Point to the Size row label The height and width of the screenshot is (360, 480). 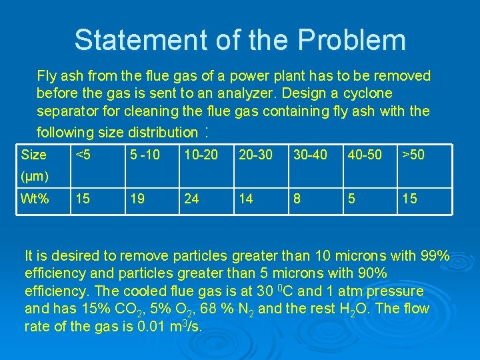pyautogui.click(x=34, y=155)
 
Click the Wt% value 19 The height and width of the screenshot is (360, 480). pyautogui.click(x=136, y=199)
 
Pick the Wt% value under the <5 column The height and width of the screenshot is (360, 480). pyautogui.click(x=83, y=199)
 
